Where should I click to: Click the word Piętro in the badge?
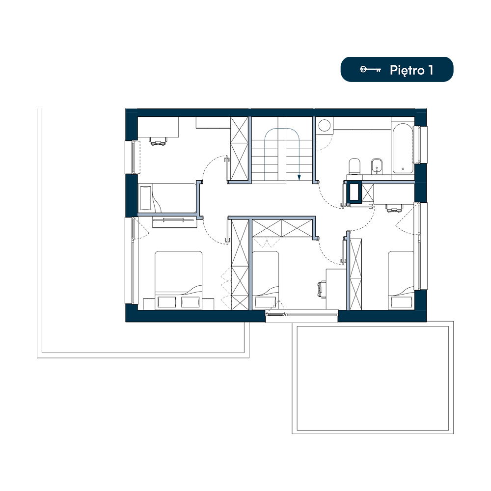click(407, 70)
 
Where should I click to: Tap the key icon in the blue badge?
click(370, 69)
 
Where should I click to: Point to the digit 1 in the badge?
click(431, 70)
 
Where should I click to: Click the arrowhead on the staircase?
click(299, 178)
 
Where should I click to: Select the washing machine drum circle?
click(324, 125)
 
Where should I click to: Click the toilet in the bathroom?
click(355, 166)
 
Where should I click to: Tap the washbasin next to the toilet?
click(377, 166)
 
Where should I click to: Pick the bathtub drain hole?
click(403, 169)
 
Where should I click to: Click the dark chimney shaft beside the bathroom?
click(355, 192)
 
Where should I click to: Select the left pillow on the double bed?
click(166, 302)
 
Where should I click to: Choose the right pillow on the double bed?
click(191, 302)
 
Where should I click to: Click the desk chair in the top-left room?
click(158, 141)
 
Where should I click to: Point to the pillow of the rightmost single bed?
click(402, 302)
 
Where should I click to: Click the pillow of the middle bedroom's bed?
click(266, 302)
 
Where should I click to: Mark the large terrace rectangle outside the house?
click(373, 378)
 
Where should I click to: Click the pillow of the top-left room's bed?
click(145, 198)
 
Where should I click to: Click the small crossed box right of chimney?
click(368, 193)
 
